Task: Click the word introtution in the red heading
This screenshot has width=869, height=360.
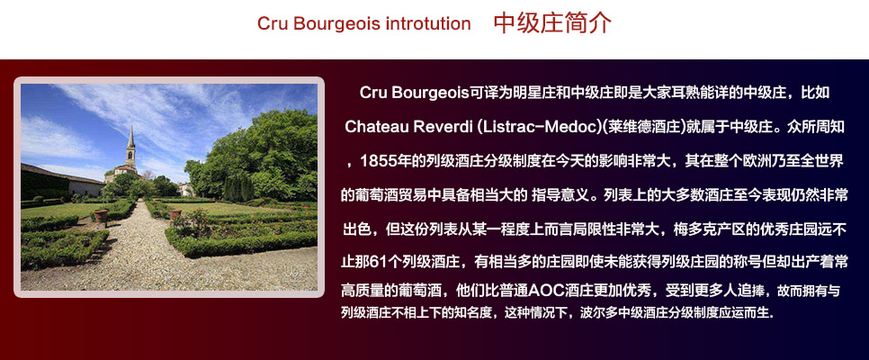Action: [427, 24]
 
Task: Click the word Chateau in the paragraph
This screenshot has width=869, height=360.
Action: [378, 124]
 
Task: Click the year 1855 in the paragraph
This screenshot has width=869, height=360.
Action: [377, 162]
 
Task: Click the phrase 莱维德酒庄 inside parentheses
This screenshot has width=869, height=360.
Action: [642, 124]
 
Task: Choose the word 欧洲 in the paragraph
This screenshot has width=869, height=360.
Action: [752, 162]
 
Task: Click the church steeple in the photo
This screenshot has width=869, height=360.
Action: [131, 142]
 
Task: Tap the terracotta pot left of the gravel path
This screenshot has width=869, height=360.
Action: [101, 216]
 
